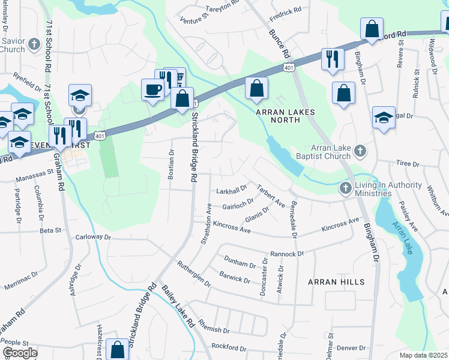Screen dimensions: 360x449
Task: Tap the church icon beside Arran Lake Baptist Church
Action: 360,151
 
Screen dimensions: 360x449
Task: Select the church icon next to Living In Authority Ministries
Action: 345,188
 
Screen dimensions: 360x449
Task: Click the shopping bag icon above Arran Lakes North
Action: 256,89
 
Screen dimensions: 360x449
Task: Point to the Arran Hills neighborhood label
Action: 336,281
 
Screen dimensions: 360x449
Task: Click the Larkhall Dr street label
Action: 231,190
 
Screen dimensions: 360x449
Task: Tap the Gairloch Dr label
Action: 238,205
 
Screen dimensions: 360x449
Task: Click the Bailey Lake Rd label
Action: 177,306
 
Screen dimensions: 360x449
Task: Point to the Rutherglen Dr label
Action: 193,274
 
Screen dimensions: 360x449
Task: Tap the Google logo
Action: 19,353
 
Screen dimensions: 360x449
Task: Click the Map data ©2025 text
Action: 423,355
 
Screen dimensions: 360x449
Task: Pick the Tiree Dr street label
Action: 408,163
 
